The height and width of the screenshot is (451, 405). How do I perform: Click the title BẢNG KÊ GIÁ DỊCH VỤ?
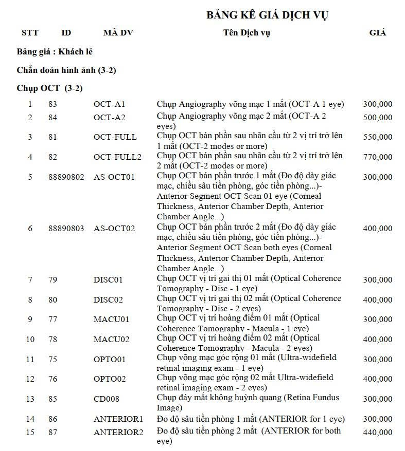(x=268, y=14)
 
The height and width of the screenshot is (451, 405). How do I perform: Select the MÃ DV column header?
(x=118, y=33)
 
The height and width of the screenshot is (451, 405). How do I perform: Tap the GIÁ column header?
(x=377, y=33)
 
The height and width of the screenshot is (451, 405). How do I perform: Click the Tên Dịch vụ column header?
(x=246, y=33)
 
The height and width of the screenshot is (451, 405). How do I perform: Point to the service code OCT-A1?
(x=109, y=104)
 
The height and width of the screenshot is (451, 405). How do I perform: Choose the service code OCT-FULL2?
(x=117, y=157)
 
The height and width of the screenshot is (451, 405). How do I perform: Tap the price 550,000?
(x=377, y=137)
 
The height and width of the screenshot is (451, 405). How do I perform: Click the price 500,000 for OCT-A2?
(x=377, y=118)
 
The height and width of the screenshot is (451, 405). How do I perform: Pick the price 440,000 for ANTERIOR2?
(x=377, y=433)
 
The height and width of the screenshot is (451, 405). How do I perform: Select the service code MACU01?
(x=111, y=320)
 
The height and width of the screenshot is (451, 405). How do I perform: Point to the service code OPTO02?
(x=110, y=379)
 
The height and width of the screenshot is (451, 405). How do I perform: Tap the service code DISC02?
(x=108, y=299)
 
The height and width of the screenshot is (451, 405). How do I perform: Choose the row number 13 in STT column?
(x=30, y=399)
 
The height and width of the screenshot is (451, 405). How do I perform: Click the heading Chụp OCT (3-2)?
(x=49, y=88)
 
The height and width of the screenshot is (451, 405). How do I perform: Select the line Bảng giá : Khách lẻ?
(x=55, y=52)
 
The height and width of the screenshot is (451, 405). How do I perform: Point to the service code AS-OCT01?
(x=114, y=177)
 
